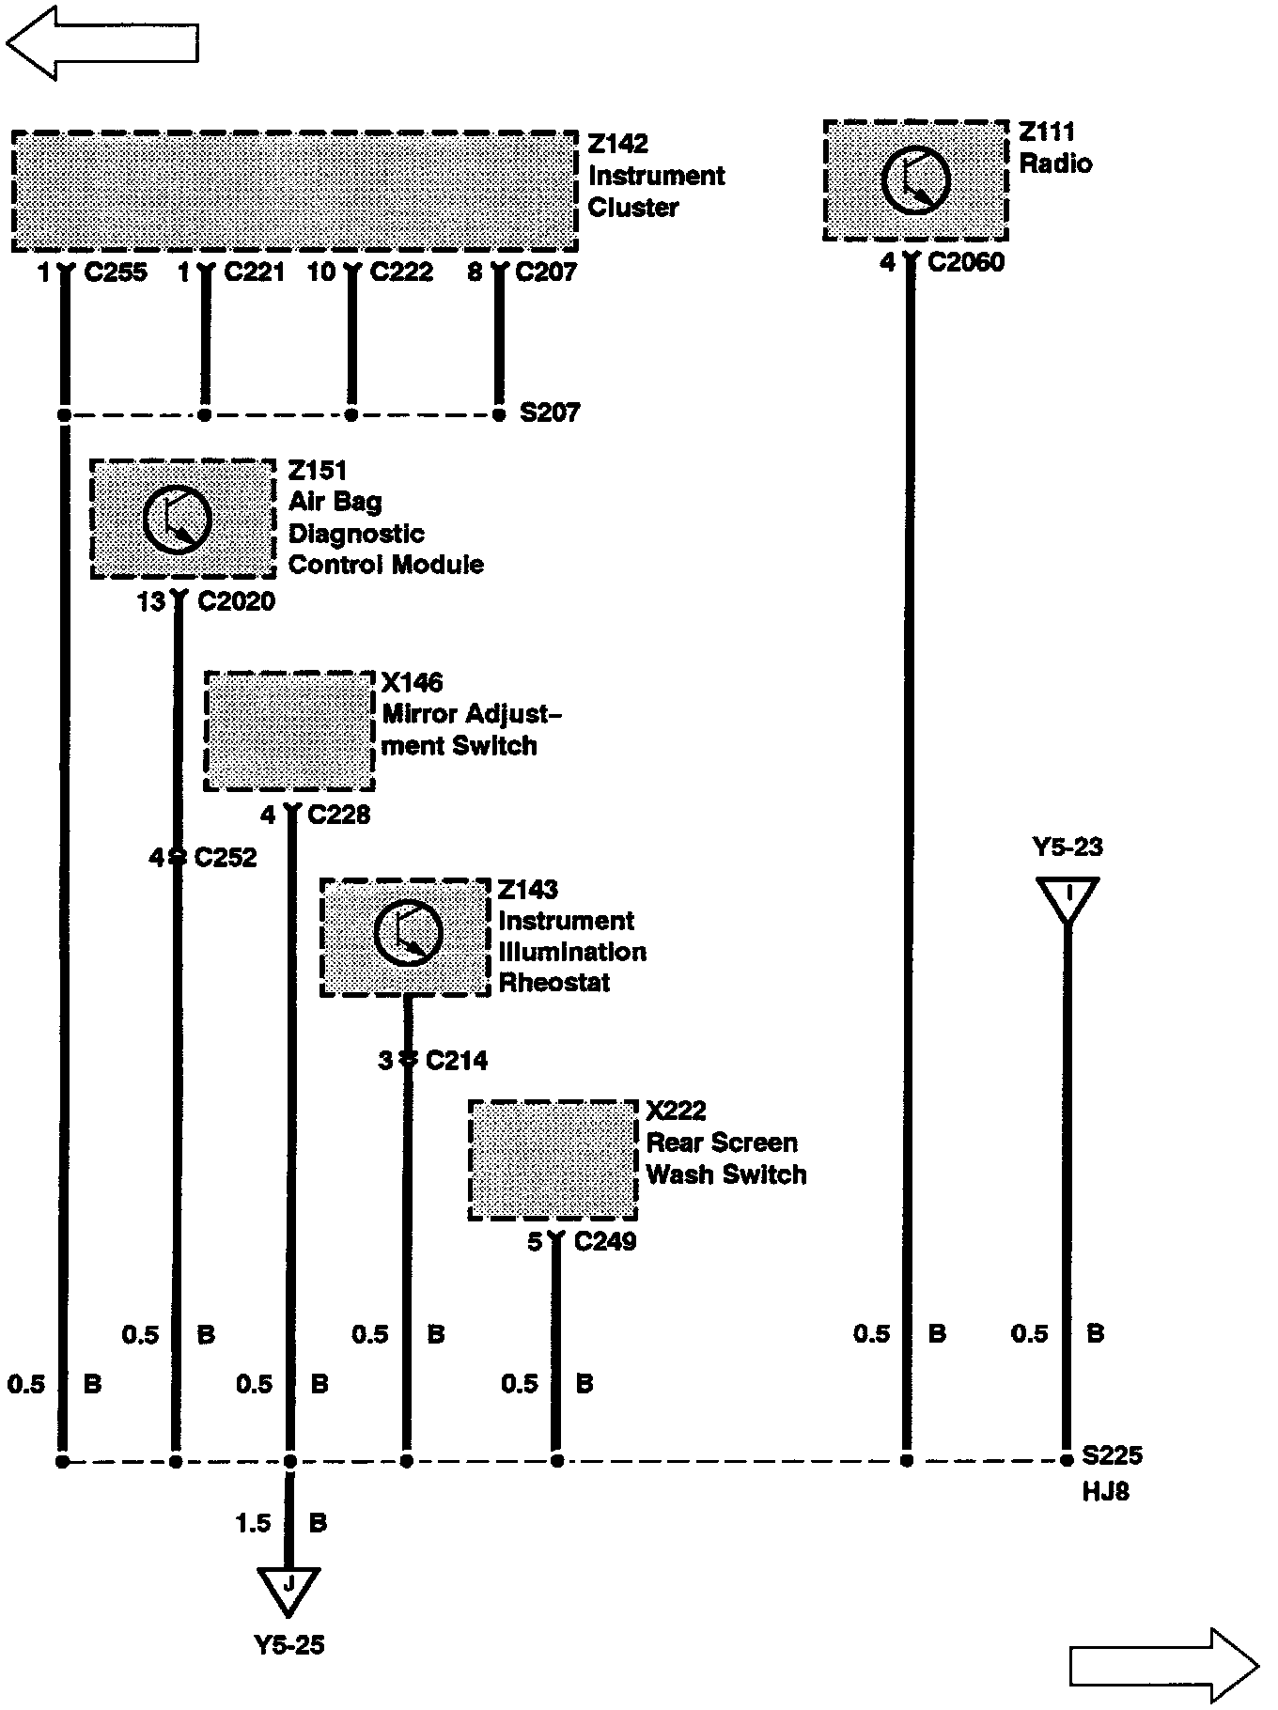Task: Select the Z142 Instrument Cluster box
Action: pos(294,192)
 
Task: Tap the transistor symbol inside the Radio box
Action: pos(915,180)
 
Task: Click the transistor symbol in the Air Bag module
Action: pos(178,520)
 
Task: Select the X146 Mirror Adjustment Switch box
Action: pos(289,732)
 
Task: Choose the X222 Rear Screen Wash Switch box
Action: pos(553,1160)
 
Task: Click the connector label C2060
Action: pos(966,262)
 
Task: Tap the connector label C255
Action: pos(116,272)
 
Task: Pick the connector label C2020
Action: pos(236,601)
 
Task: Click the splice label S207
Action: pos(550,412)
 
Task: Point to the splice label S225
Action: pos(1112,1455)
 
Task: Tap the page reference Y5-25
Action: pos(289,1645)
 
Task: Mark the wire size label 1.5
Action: pos(253,1522)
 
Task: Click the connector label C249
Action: pos(605,1242)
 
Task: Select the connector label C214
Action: pos(457,1061)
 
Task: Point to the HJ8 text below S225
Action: pos(1105,1491)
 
